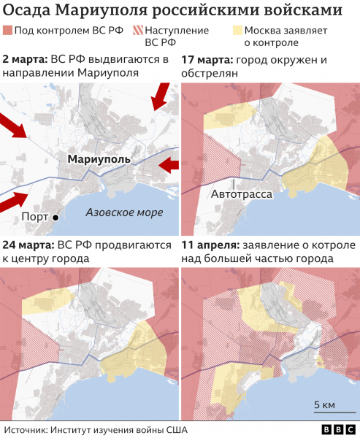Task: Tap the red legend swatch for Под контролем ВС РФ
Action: (8, 31)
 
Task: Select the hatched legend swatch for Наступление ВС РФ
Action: (139, 31)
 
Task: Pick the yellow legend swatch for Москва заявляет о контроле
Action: (237, 31)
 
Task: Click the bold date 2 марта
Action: (26, 58)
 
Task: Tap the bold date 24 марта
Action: (28, 245)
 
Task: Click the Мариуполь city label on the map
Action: (99, 158)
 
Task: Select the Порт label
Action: (36, 217)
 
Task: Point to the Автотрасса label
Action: (242, 195)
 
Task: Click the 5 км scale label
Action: (324, 405)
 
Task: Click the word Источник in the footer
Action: (27, 429)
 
